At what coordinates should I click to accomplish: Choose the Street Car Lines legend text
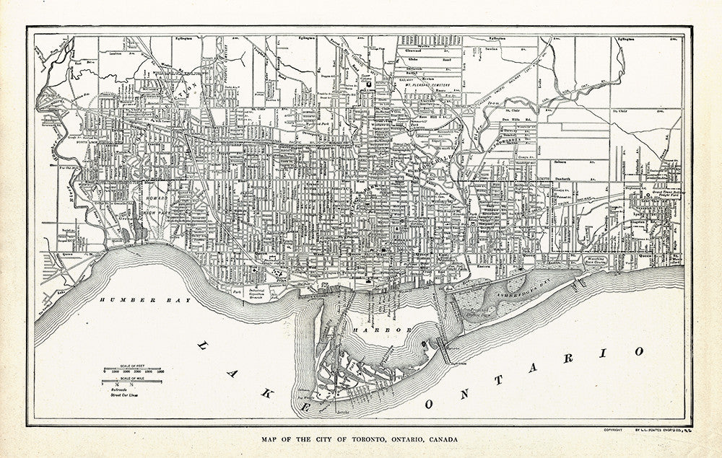(x=124, y=396)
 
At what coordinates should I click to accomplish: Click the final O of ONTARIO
(x=640, y=351)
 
